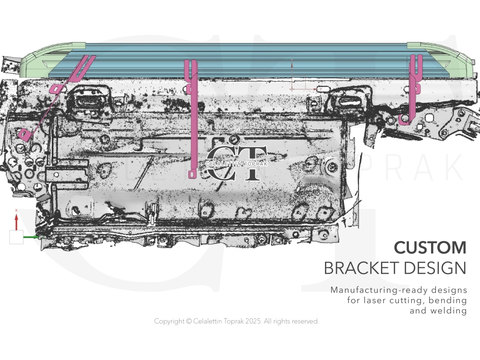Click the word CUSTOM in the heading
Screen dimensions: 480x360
tap(430, 248)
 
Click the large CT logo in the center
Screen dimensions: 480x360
tap(236, 163)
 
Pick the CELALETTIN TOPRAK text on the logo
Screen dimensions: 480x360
tap(236, 164)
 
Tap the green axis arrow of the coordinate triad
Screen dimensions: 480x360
tap(31, 237)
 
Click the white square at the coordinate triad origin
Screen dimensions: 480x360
tap(16, 237)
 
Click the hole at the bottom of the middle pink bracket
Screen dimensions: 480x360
tap(192, 175)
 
